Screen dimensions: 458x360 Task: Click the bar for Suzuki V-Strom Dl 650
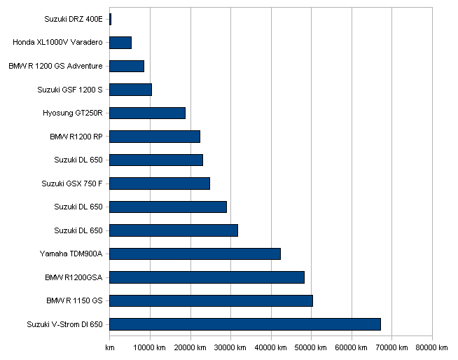[x=245, y=324]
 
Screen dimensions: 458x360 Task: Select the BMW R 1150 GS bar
[x=211, y=300]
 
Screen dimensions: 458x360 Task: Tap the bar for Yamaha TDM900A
[x=195, y=254]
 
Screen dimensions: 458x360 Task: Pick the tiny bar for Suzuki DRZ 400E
[x=111, y=20]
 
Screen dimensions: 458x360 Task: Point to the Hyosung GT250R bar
[x=148, y=113]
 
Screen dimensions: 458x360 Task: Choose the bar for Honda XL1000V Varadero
[x=120, y=43]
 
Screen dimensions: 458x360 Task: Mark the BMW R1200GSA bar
[x=207, y=277]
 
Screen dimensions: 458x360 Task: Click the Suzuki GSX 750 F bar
[x=160, y=184]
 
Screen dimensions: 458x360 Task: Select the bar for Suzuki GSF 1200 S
[x=130, y=90]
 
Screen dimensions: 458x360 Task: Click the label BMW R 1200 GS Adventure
[x=55, y=66]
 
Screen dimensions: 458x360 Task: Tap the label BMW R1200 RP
[x=76, y=137]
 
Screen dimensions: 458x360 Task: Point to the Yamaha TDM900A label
[x=71, y=254]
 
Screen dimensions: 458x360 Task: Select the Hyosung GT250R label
[x=73, y=113]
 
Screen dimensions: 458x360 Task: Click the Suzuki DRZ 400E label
[x=74, y=20]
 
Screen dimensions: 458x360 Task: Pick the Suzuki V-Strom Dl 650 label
[x=65, y=324]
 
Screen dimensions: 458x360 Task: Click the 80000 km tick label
[x=431, y=347]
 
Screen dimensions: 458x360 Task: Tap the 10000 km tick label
[x=150, y=347]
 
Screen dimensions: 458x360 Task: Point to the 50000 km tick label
[x=310, y=347]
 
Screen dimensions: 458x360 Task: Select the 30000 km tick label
[x=230, y=347]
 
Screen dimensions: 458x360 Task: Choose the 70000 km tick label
[x=391, y=347]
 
